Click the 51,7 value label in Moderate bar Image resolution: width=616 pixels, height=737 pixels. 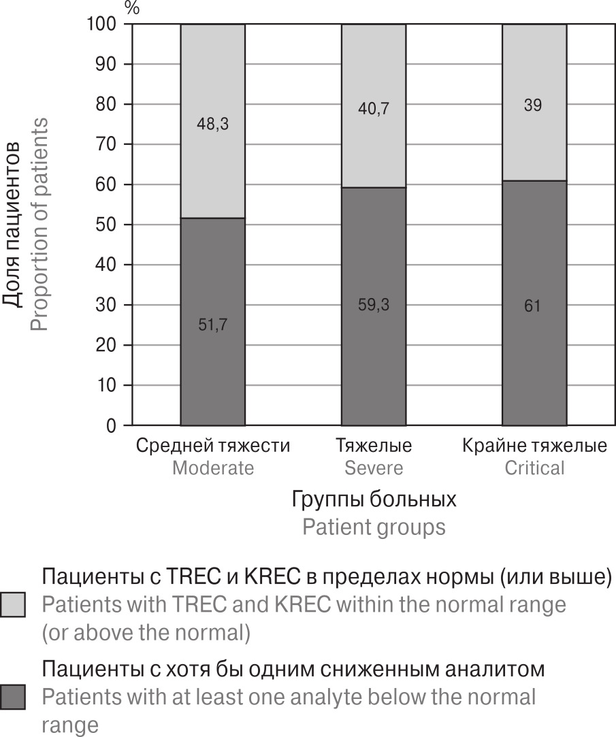click(212, 325)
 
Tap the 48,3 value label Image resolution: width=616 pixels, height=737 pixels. click(212, 125)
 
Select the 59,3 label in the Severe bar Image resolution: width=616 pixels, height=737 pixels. click(374, 306)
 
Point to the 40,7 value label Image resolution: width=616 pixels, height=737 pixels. click(374, 108)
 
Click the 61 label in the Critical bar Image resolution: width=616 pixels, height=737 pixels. click(534, 306)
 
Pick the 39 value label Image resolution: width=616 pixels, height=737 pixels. click(534, 105)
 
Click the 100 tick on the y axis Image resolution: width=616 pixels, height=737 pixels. click(101, 24)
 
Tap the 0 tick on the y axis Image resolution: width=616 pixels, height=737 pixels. click(110, 426)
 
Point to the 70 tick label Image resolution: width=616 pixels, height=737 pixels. click(106, 144)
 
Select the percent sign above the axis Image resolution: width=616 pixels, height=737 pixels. click(132, 8)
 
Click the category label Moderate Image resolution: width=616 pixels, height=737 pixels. click(212, 468)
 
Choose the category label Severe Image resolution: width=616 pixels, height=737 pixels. click(374, 468)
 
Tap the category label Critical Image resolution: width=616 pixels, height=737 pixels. click(534, 468)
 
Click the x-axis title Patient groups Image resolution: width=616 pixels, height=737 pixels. click(374, 527)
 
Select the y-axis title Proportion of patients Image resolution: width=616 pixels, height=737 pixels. click(39, 225)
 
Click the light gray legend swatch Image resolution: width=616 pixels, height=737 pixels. click(13, 604)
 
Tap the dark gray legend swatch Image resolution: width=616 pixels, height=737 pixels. click(13, 697)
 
